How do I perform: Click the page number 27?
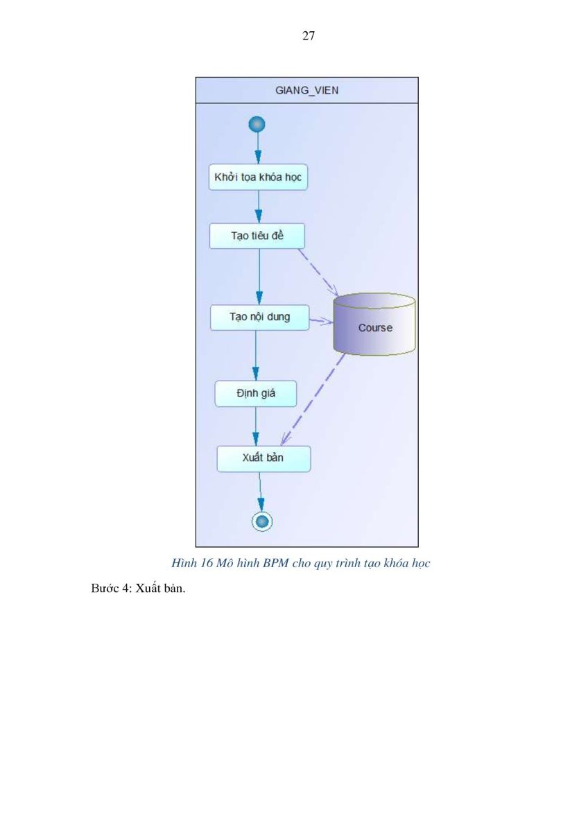(x=309, y=35)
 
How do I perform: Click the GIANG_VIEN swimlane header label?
(x=306, y=90)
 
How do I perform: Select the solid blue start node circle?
(x=257, y=124)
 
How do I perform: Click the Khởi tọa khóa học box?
(x=258, y=177)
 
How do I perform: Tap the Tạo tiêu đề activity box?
(x=257, y=236)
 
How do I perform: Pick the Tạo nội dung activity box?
(x=259, y=318)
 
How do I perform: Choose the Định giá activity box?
(x=256, y=393)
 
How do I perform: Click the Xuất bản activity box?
(x=263, y=459)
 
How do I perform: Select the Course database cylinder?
(x=374, y=324)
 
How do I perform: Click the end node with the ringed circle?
(x=262, y=521)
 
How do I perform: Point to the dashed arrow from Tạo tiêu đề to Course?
(x=318, y=272)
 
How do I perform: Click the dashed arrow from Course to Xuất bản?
(x=313, y=399)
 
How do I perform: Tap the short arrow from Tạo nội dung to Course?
(x=322, y=321)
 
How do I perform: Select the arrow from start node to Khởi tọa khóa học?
(x=258, y=148)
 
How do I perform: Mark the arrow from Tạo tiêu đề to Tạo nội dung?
(x=259, y=277)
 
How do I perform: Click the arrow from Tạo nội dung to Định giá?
(x=256, y=356)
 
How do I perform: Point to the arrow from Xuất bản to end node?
(x=261, y=492)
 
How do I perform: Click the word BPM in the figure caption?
(x=275, y=563)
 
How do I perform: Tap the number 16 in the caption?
(x=206, y=563)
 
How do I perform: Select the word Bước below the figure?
(x=106, y=589)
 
